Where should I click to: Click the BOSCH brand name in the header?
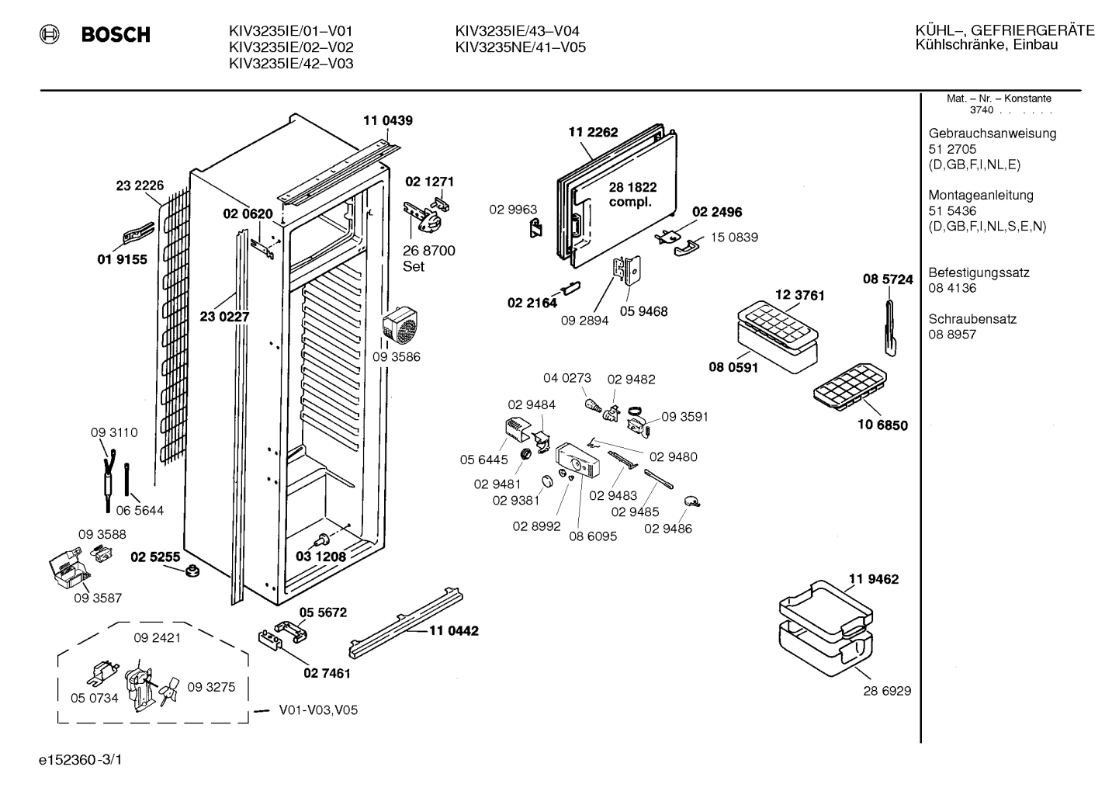116,34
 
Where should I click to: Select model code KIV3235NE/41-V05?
520,47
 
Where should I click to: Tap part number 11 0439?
388,120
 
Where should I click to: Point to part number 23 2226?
140,186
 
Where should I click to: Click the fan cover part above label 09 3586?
400,325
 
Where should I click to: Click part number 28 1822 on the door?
632,187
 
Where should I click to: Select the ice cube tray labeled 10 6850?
850,387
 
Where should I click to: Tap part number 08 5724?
888,279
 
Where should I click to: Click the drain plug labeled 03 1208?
322,539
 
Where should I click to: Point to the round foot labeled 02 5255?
192,571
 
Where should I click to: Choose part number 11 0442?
454,630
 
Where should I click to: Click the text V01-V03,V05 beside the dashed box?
318,710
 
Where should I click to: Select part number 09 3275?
211,687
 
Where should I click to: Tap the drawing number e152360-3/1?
81,760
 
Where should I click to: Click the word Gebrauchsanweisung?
992,134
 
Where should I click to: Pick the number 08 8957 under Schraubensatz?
952,335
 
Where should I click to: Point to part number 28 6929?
887,691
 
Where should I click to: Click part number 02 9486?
668,528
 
